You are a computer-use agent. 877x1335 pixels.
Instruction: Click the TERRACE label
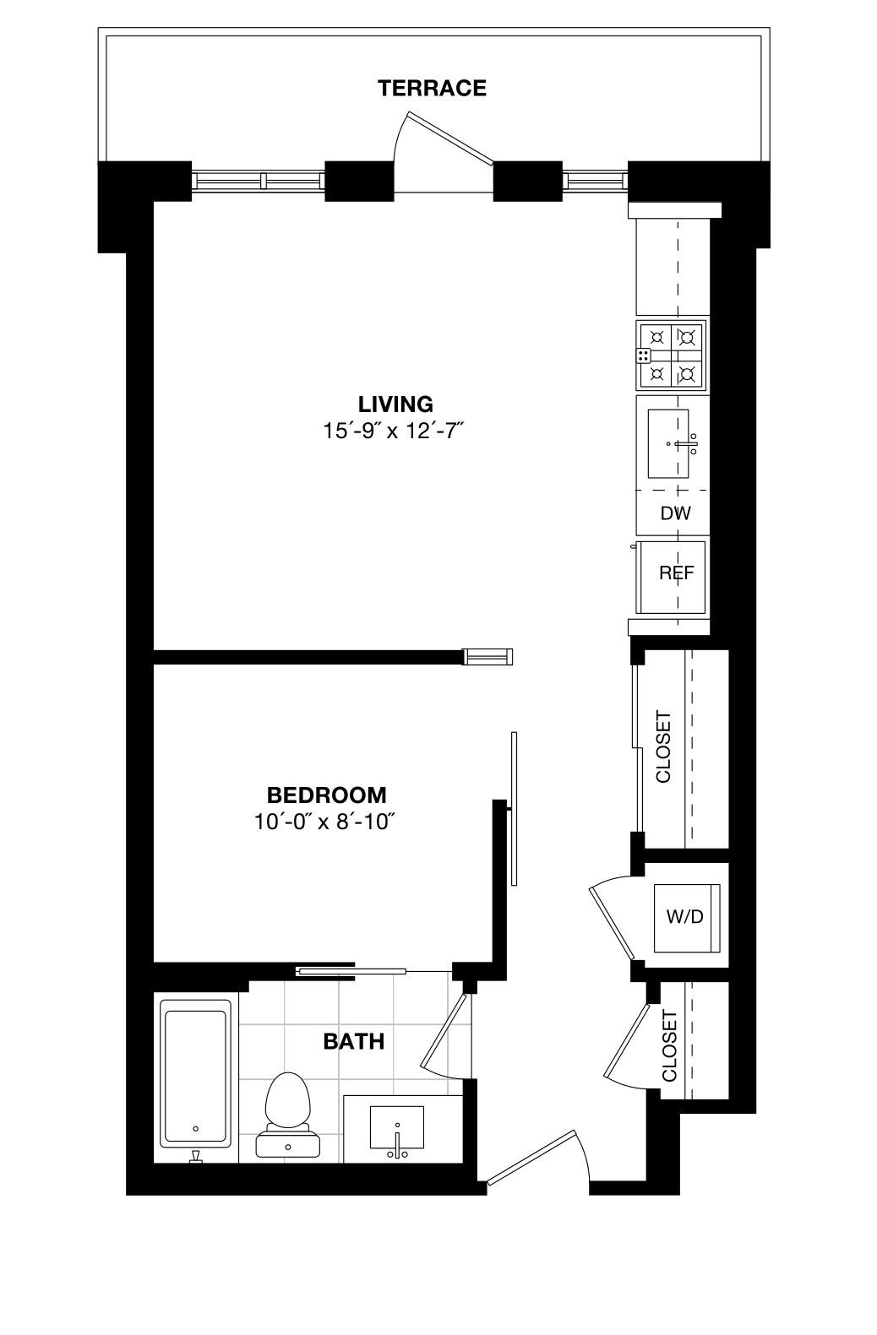[432, 88]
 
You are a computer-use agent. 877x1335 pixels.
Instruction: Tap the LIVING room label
[395, 404]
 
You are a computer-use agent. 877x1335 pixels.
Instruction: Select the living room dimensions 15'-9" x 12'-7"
[394, 431]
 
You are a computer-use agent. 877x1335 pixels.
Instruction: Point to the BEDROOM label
[326, 795]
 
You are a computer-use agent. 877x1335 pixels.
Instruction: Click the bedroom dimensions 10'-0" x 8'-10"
[325, 822]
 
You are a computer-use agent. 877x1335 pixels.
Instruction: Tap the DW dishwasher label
[675, 513]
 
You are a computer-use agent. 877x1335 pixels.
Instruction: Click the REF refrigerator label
[677, 573]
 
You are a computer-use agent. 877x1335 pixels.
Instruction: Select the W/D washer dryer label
[685, 916]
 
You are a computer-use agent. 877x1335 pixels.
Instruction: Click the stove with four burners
[672, 355]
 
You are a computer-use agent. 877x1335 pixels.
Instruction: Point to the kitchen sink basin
[668, 443]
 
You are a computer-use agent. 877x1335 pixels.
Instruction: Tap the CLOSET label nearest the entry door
[669, 1046]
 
